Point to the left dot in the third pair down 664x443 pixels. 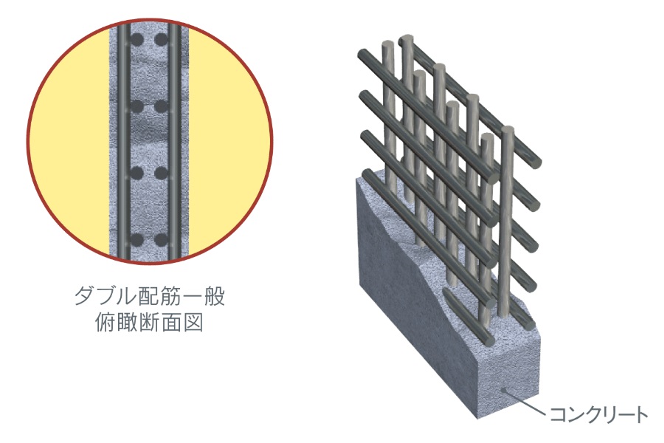[x=137, y=174]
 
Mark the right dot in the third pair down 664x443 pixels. [x=159, y=174]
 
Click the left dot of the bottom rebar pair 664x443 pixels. [x=137, y=240]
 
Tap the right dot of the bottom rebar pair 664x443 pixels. [x=159, y=240]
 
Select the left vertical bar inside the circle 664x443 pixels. [x=125, y=140]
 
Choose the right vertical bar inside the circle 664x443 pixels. [x=172, y=140]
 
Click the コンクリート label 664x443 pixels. [x=598, y=414]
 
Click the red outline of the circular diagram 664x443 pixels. [x=27, y=140]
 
